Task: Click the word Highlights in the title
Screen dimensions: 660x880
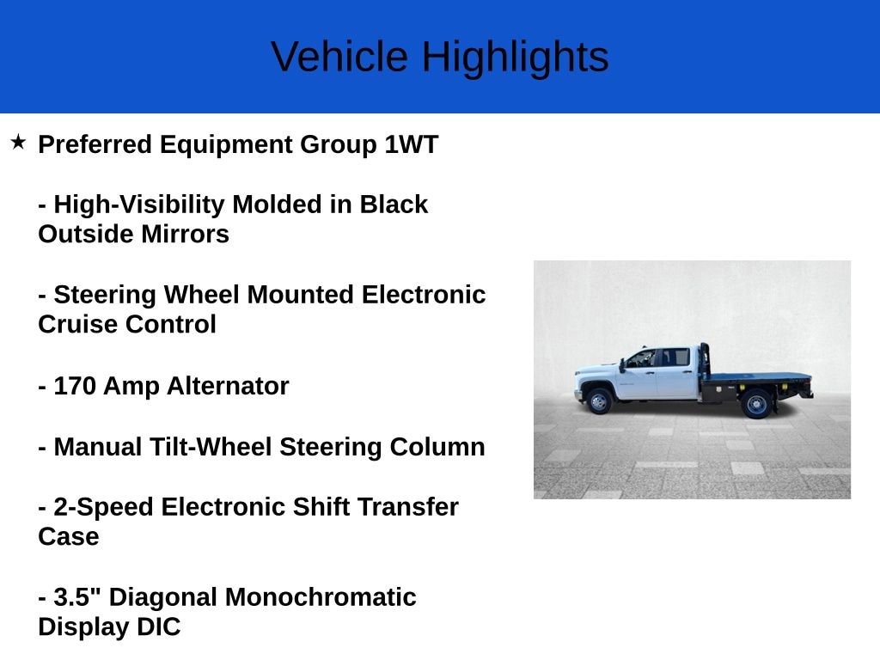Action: [515, 58]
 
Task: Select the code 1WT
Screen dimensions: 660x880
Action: [411, 144]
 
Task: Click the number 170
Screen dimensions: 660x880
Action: [75, 387]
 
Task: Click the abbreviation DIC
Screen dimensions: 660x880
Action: [158, 627]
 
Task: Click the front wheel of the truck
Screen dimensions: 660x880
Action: [599, 401]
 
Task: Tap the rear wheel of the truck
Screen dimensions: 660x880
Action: [757, 403]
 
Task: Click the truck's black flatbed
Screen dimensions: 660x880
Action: [756, 376]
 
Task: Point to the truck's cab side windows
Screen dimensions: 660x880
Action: [658, 357]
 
